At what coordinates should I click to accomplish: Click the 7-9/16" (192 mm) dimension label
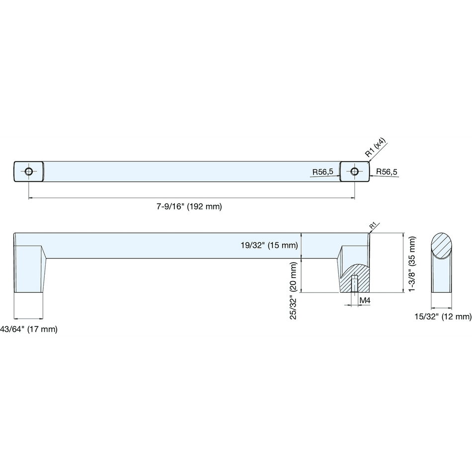pyautogui.click(x=189, y=207)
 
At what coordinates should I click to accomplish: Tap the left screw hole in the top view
pyautogui.click(x=29, y=171)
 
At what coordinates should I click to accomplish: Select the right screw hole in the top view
pyautogui.click(x=355, y=171)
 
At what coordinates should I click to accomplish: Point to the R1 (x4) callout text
pyautogui.click(x=376, y=148)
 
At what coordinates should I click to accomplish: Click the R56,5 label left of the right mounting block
pyautogui.click(x=322, y=172)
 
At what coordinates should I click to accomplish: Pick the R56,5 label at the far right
pyautogui.click(x=387, y=172)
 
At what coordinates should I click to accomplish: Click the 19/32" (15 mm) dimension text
pyautogui.click(x=269, y=245)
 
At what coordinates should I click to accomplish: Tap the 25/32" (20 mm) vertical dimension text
pyautogui.click(x=293, y=291)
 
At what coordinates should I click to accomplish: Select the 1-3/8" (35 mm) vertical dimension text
pyautogui.click(x=412, y=264)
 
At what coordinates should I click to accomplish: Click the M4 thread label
pyautogui.click(x=365, y=301)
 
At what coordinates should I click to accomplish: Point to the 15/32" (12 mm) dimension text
pyautogui.click(x=443, y=316)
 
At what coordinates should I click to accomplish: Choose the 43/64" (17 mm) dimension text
pyautogui.click(x=29, y=329)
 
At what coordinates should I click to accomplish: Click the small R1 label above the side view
pyautogui.click(x=373, y=225)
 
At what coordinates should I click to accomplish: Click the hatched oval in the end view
pyautogui.click(x=441, y=245)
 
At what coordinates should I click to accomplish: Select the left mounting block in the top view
pyautogui.click(x=29, y=171)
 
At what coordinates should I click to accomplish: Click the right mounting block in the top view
pyautogui.click(x=355, y=171)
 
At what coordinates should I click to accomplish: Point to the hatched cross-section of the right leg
pyautogui.click(x=355, y=278)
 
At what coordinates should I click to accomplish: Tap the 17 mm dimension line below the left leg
pyautogui.click(x=29, y=318)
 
